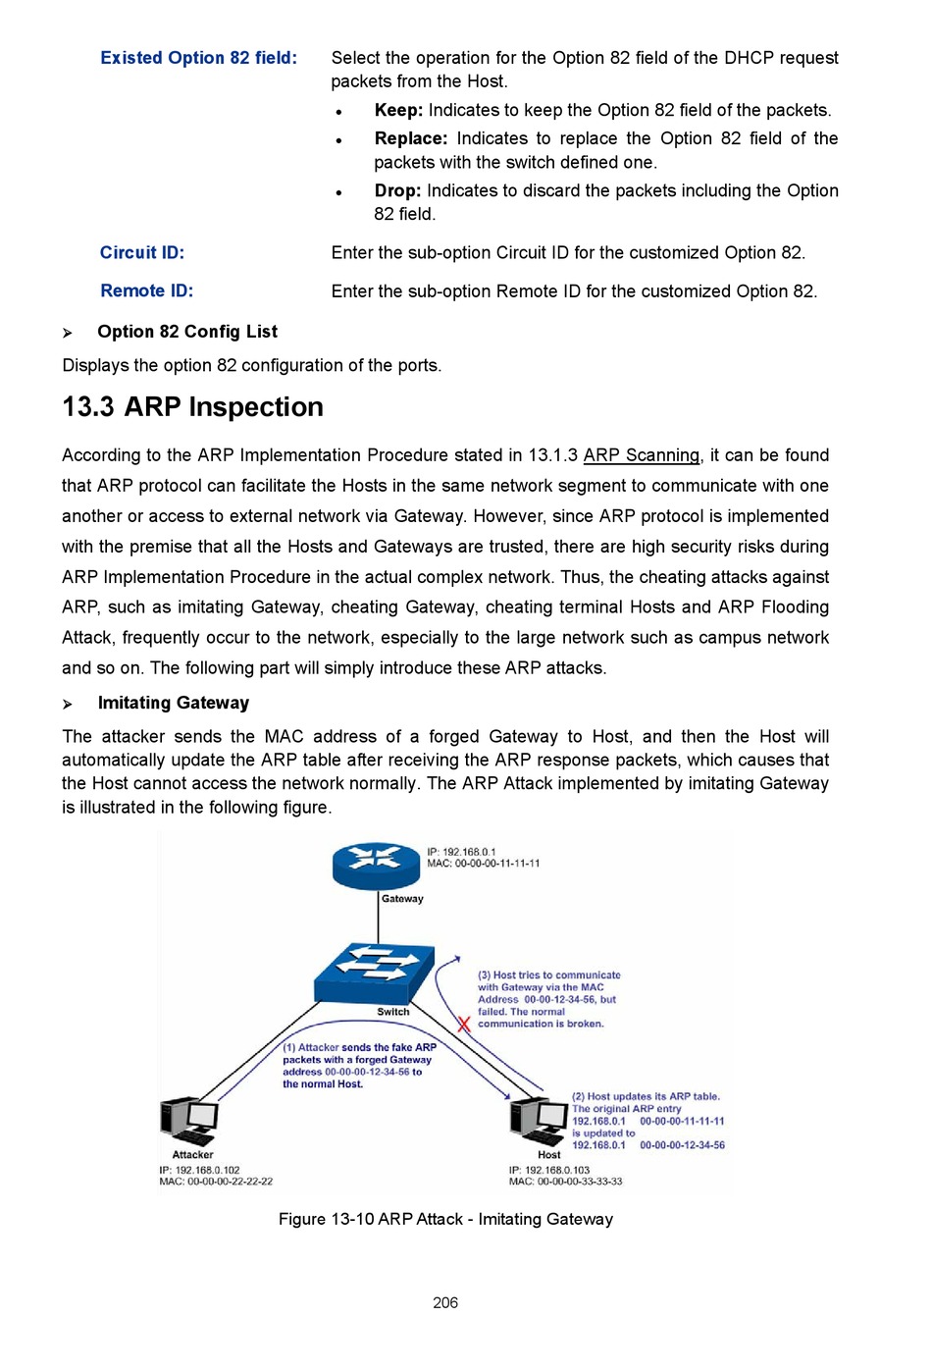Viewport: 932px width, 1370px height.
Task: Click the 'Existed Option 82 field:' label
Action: pos(198,58)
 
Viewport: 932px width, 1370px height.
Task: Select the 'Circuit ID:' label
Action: pos(141,252)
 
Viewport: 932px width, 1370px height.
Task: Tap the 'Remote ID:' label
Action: pos(146,290)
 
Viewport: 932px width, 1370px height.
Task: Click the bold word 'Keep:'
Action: pos(398,110)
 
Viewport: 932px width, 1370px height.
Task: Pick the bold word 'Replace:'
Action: pos(410,138)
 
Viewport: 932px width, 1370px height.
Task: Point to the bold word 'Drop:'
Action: pos(397,190)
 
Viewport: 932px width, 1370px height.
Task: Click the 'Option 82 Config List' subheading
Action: pos(186,332)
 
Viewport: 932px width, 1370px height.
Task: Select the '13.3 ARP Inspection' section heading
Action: pos(192,407)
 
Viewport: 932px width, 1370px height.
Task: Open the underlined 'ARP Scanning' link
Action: pos(641,455)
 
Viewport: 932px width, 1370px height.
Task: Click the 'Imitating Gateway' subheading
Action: pos(173,703)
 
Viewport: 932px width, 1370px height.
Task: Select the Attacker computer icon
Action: pos(189,1122)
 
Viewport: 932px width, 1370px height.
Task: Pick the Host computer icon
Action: pos(538,1121)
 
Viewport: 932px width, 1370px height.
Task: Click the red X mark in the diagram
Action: pos(463,1024)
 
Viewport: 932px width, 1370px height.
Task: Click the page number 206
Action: pos(445,1302)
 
